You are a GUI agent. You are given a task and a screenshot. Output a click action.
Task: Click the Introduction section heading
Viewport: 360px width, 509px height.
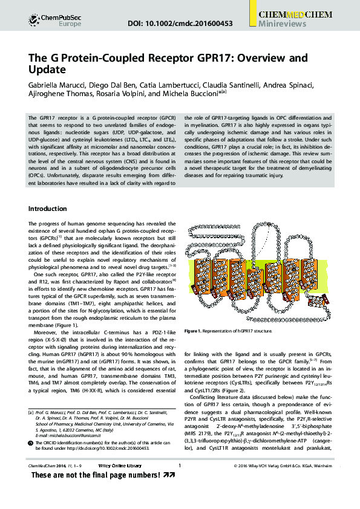pos(48,209)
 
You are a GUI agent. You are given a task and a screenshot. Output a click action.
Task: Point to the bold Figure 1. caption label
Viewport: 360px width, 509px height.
pos(197,331)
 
